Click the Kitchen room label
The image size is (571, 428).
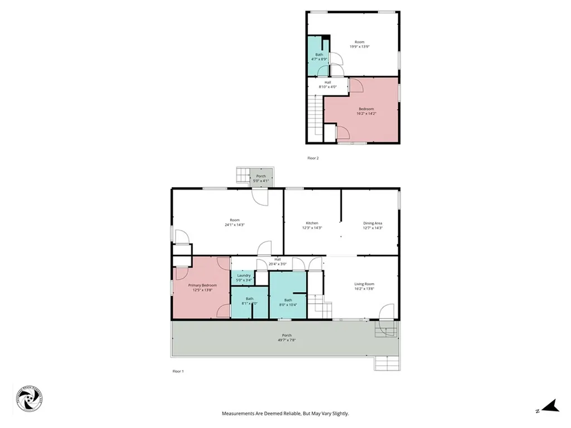[312, 223]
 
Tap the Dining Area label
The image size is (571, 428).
[372, 223]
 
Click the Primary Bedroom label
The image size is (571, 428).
[202, 285]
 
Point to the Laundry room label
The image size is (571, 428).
[244, 275]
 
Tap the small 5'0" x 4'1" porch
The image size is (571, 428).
[261, 178]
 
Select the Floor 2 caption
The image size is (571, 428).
[313, 158]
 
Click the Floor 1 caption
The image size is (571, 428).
[178, 371]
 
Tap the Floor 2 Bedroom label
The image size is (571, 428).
[366, 109]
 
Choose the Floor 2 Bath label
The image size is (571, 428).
[319, 54]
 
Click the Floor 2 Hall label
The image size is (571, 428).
[328, 82]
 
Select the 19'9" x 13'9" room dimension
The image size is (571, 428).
[360, 47]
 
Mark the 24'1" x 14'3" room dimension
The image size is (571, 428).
[235, 225]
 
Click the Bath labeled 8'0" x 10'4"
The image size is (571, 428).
[288, 302]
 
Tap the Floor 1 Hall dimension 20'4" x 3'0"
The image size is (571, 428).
[277, 264]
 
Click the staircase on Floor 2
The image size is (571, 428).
[316, 114]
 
